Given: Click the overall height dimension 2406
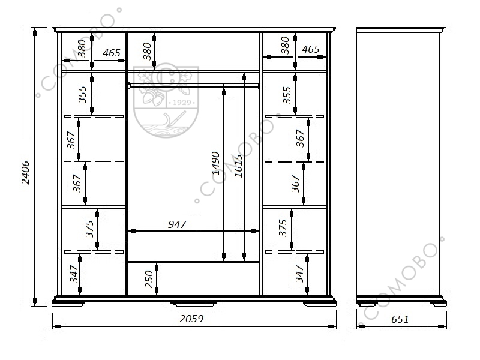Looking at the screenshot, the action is click(25, 172).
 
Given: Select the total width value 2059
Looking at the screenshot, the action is click(191, 319).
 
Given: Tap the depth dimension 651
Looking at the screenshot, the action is click(400, 319).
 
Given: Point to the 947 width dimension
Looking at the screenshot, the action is click(177, 224).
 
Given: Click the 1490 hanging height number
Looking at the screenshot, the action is click(216, 163).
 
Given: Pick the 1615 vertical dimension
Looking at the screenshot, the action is click(238, 166).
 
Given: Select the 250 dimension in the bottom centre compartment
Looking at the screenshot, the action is click(149, 279).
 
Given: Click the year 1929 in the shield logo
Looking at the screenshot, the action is click(182, 103).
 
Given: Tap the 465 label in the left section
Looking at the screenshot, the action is click(112, 53).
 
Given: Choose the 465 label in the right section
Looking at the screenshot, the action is click(310, 49).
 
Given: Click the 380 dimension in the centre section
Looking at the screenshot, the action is click(147, 51).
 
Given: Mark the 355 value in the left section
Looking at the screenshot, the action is click(82, 95).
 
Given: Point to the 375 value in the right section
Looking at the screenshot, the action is click(283, 228).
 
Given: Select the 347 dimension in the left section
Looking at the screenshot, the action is click(74, 274).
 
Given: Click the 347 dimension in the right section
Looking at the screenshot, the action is click(299, 274).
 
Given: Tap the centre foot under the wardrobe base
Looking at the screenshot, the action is click(194, 304).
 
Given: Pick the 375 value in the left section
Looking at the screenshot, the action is click(89, 229).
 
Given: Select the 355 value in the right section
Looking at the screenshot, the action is click(287, 95).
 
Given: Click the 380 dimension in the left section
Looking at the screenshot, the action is click(82, 49).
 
